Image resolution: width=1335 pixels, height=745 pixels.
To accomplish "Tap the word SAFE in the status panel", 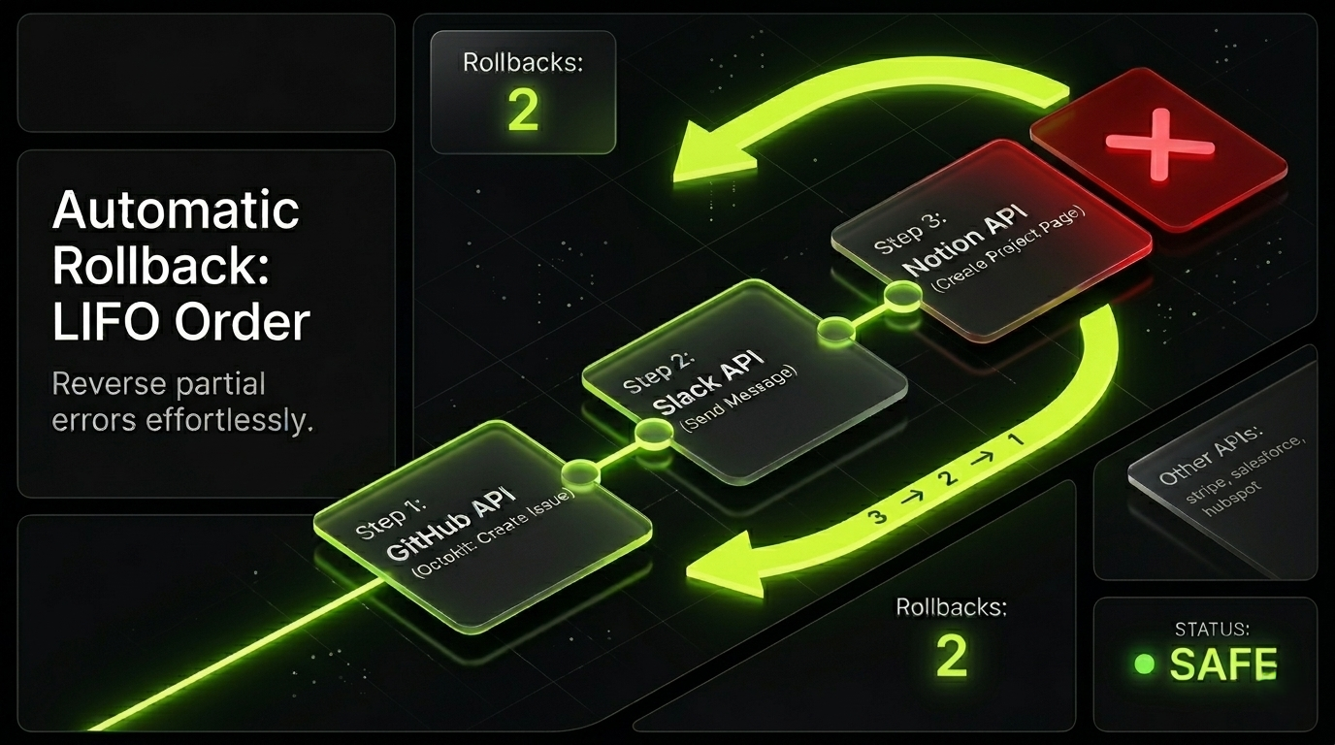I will pos(1223,664).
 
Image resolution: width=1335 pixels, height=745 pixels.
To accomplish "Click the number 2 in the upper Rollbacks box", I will pos(523,112).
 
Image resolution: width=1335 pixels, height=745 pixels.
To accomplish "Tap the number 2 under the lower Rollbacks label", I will pos(951,657).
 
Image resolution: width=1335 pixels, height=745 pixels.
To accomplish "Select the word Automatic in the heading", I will pos(176,211).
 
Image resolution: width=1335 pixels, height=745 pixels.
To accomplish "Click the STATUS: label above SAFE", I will pos(1204,629).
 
